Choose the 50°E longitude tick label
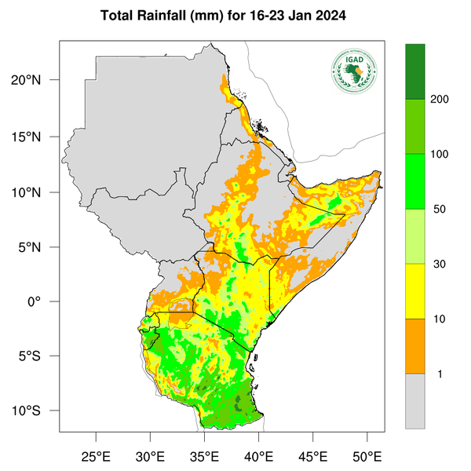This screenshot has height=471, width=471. (x=367, y=456)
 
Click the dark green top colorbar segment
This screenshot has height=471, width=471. (x=414, y=71)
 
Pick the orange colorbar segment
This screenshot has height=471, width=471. (x=414, y=346)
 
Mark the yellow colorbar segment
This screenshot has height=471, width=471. (x=414, y=291)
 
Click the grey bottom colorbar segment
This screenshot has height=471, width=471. (x=414, y=400)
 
